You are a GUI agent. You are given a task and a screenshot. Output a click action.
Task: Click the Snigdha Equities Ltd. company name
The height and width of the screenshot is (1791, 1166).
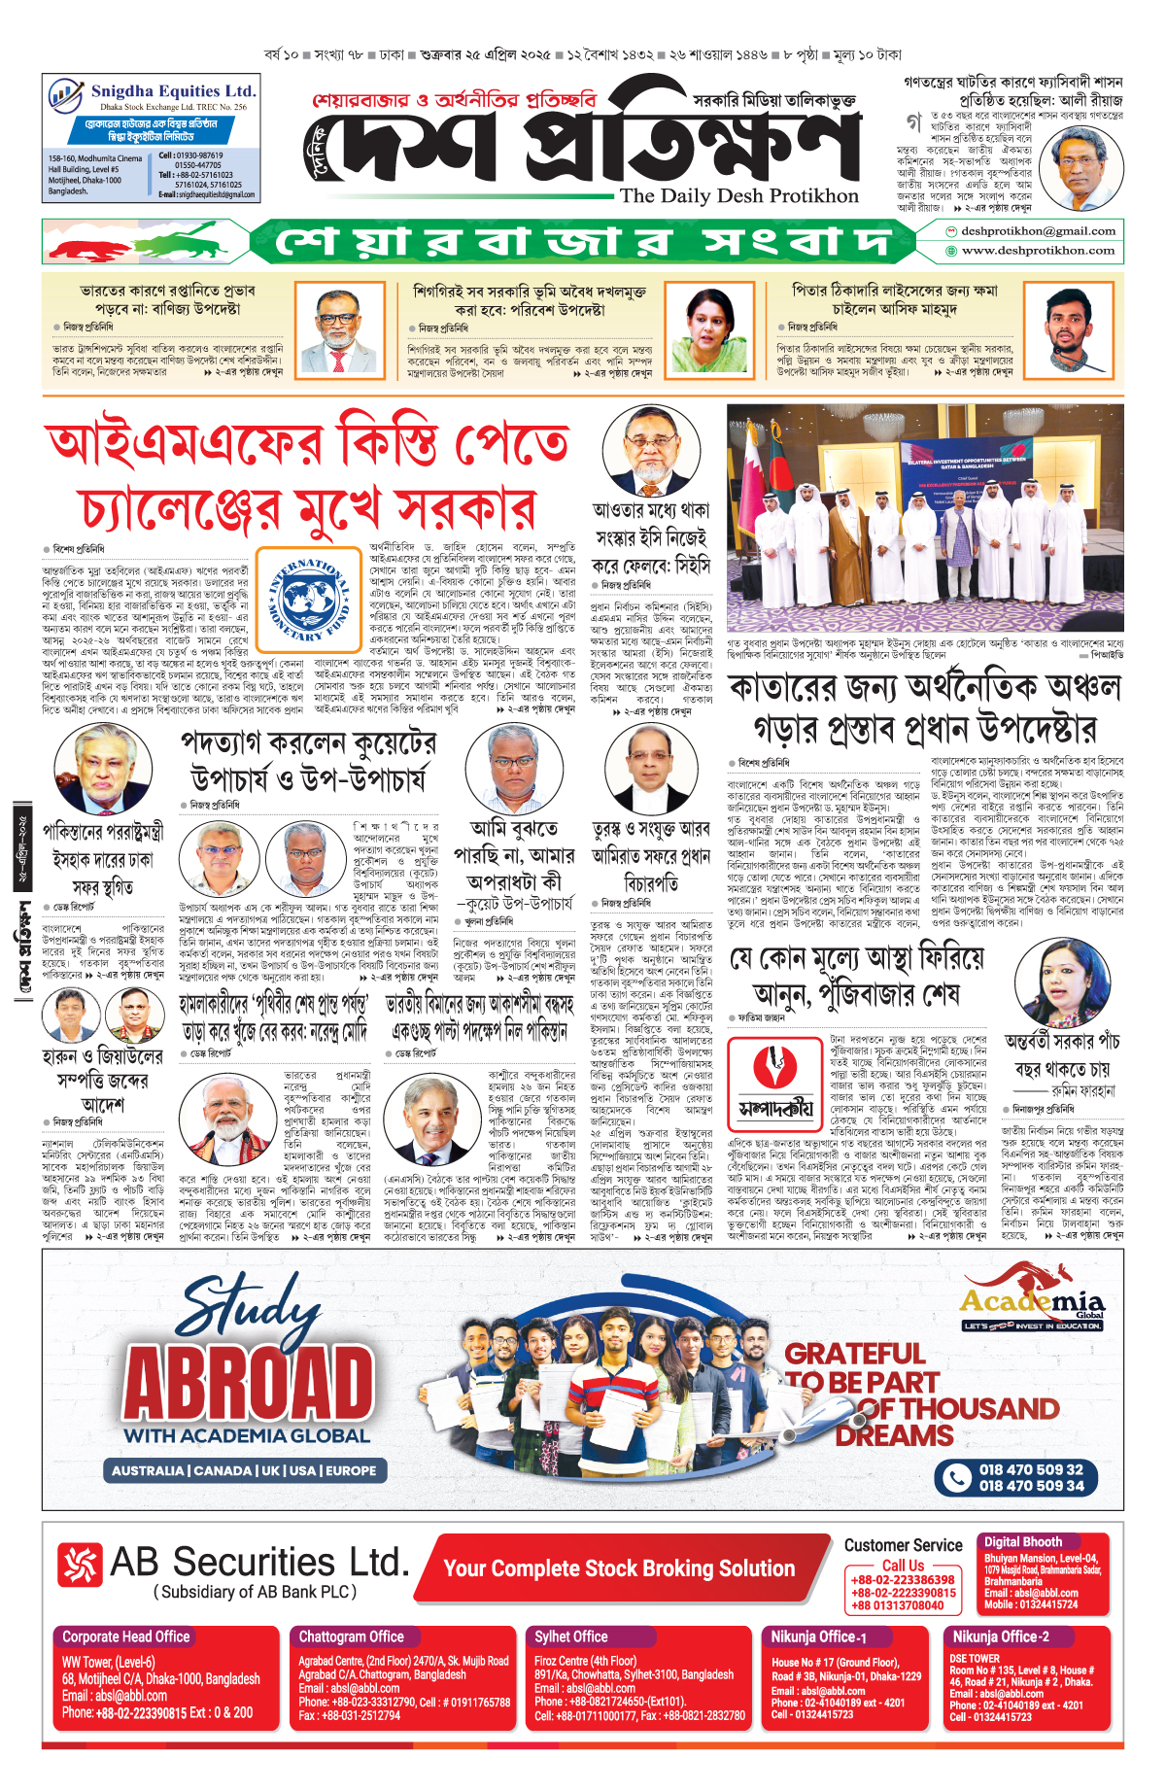[172, 90]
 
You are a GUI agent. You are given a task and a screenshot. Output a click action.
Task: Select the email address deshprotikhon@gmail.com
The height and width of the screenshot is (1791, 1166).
[1038, 231]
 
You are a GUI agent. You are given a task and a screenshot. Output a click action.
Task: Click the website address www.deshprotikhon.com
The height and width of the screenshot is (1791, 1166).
[1038, 251]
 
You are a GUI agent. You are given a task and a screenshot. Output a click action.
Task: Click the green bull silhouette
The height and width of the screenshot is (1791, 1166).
[194, 238]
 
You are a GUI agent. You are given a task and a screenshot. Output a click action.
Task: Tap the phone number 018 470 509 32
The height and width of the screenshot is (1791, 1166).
[1030, 1469]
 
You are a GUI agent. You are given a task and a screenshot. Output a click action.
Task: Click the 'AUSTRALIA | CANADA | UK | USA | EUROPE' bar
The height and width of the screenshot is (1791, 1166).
[243, 1470]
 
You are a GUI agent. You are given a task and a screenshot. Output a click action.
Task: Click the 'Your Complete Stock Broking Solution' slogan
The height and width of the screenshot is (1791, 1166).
[619, 1568]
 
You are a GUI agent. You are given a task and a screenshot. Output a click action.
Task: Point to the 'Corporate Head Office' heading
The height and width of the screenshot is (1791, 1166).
[126, 1636]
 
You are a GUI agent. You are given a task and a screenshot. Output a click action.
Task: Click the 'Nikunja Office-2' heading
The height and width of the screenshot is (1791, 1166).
[1000, 1636]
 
